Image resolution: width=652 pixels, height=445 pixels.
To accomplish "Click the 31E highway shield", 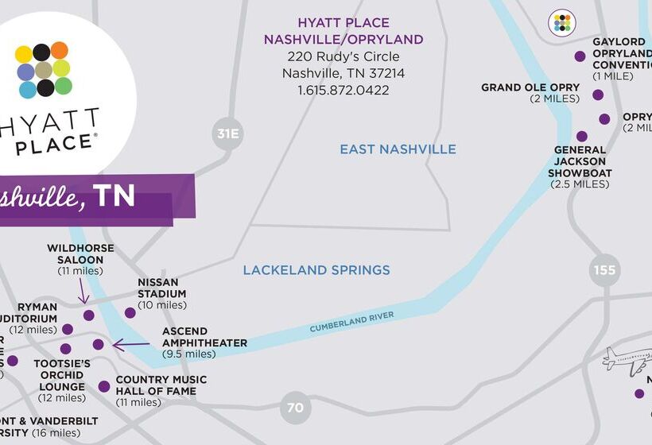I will tap(227, 133).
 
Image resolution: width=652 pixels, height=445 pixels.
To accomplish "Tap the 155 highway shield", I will tap(604, 270).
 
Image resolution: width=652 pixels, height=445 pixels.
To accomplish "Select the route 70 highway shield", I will tap(295, 408).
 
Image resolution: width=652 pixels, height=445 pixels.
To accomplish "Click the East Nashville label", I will tap(398, 149).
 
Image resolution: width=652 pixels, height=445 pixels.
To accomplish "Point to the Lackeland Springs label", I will tap(316, 270).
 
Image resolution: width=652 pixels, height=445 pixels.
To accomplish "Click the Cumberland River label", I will tap(351, 322).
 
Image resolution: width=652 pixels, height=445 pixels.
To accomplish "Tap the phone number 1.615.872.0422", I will tap(343, 91).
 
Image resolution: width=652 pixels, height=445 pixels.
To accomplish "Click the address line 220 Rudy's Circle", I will tap(343, 56).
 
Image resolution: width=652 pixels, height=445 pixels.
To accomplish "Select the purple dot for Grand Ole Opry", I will tap(598, 95).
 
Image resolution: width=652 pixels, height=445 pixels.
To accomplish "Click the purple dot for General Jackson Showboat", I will tap(582, 136).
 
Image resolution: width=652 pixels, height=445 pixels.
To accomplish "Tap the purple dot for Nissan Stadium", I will tap(130, 312).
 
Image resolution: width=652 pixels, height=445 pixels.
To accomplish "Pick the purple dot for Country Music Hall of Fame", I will tap(104, 386).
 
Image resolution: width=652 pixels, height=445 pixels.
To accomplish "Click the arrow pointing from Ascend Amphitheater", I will tap(131, 345).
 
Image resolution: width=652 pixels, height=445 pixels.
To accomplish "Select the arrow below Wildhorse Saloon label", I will tap(82, 292).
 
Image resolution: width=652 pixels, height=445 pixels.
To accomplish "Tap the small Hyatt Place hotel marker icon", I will tap(563, 22).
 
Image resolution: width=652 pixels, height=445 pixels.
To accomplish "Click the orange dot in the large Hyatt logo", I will tap(60, 50).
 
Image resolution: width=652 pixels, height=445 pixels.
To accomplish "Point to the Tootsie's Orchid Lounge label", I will tap(62, 379).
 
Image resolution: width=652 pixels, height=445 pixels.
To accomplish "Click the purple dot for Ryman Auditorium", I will tap(68, 329).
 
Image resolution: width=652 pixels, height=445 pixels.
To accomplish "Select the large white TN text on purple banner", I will tap(114, 195).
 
